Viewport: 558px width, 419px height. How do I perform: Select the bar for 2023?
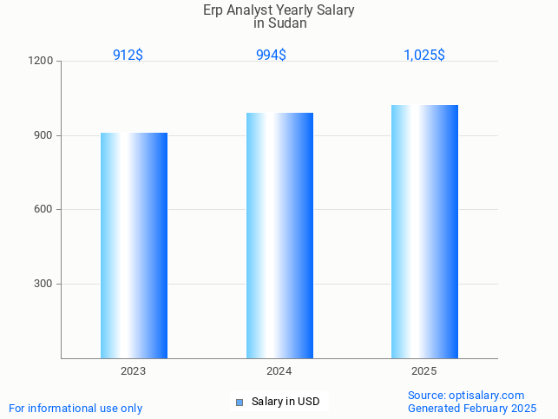(x=134, y=246)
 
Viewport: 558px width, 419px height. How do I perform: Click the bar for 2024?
(x=279, y=235)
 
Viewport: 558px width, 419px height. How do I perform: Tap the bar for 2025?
(x=424, y=232)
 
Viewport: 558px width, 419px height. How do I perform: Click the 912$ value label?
(x=128, y=56)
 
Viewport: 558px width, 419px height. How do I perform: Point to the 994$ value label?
(x=271, y=56)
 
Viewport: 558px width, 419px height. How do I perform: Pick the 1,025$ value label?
(x=424, y=56)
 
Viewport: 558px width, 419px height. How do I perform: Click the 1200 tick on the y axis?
(x=42, y=62)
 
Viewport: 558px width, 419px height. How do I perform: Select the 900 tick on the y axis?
(x=44, y=136)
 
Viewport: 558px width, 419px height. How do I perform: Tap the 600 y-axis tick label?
(x=44, y=210)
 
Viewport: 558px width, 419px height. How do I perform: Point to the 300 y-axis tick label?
(x=44, y=285)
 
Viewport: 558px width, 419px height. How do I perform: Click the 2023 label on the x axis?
(x=133, y=371)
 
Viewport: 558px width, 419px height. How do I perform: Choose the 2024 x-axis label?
(x=279, y=371)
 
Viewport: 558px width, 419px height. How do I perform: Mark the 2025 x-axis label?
(x=424, y=371)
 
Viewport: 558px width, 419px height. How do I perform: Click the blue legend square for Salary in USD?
(x=240, y=402)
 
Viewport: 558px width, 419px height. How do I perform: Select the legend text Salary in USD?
(x=286, y=402)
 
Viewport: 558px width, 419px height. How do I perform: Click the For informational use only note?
(x=75, y=408)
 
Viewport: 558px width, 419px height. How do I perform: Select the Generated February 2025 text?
(x=472, y=408)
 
